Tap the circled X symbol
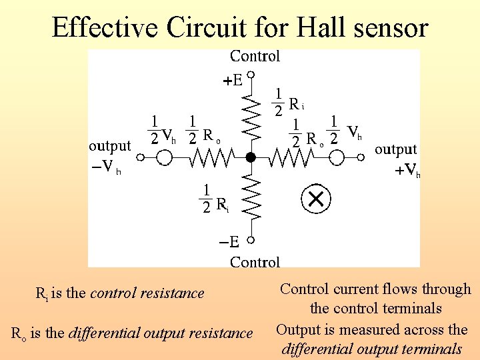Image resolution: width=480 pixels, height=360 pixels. [316, 198]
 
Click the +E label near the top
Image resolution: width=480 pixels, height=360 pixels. [232, 81]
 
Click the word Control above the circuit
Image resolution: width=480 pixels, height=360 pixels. [255, 57]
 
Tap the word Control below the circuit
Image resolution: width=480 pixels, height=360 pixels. [255, 261]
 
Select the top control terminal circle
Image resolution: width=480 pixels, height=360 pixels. [251, 73]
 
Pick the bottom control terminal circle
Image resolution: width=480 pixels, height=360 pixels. [251, 239]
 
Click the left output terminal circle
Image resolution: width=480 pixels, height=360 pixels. [141, 157]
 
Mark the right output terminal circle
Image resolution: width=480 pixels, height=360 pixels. [360, 157]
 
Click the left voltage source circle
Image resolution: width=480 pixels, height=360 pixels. [163, 157]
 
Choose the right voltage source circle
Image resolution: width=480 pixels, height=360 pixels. [337, 157]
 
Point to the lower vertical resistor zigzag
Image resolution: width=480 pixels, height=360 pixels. [251, 197]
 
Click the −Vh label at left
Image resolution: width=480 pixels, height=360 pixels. [107, 167]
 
